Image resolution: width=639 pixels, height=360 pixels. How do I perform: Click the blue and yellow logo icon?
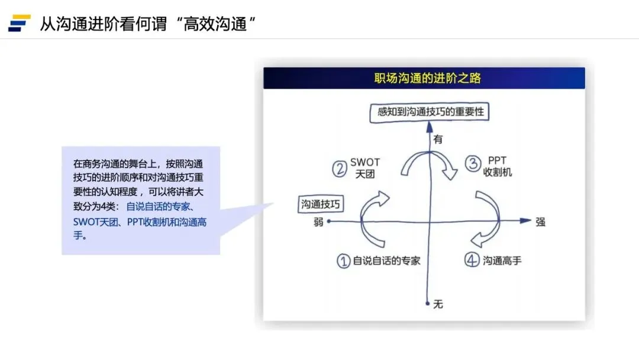tap(19, 23)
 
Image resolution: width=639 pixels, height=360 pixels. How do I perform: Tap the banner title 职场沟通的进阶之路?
tap(424, 78)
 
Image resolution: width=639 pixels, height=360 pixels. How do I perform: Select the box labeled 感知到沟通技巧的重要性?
tap(430, 112)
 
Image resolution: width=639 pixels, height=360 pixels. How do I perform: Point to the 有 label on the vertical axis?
tap(438, 140)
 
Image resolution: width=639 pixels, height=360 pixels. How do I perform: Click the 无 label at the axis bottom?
tap(438, 304)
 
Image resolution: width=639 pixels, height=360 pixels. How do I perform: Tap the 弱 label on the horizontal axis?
tap(319, 223)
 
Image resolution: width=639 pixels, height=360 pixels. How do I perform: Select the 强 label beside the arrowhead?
tap(540, 222)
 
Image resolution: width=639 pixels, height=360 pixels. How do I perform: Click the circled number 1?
tap(344, 261)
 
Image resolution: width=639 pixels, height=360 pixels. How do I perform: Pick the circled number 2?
tap(339, 169)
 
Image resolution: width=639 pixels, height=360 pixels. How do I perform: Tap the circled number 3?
tap(472, 163)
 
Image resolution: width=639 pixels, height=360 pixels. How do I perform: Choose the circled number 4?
tap(472, 261)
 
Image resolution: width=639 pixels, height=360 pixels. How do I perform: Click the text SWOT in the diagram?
tap(365, 162)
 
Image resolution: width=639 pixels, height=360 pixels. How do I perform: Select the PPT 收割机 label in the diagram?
tap(497, 166)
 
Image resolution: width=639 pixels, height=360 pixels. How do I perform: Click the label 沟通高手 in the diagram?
tap(502, 261)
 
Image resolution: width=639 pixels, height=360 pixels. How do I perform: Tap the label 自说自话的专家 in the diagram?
tap(386, 261)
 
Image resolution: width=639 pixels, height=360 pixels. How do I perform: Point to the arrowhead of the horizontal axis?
tap(525, 220)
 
